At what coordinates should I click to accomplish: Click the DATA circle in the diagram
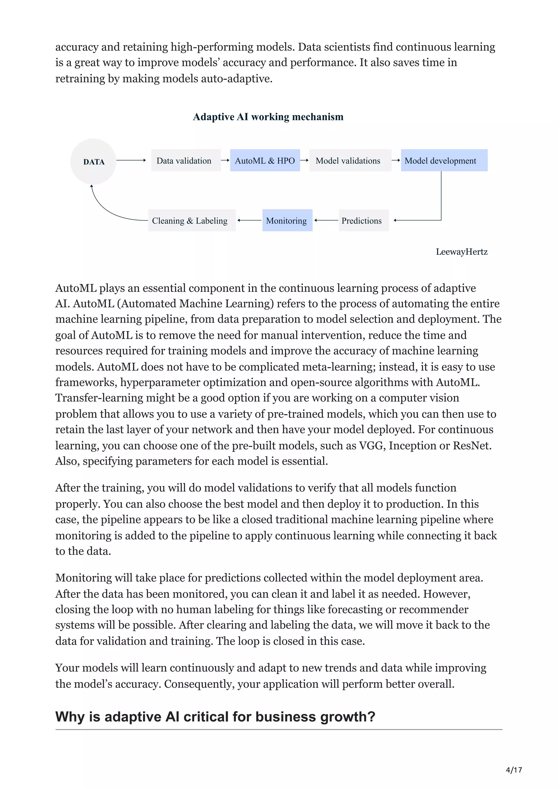point(93,161)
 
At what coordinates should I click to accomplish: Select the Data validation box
point(186,160)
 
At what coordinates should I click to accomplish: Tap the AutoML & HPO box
point(265,160)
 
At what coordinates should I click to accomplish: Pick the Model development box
point(444,160)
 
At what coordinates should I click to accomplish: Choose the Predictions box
point(363,220)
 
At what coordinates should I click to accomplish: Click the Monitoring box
point(287,220)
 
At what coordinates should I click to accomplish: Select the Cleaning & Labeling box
point(192,220)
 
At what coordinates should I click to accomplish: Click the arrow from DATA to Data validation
point(131,160)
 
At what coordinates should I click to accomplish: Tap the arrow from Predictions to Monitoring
point(326,220)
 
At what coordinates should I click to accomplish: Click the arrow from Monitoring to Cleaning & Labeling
point(249,220)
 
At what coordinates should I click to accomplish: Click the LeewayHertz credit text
point(461,252)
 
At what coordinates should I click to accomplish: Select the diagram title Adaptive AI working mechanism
point(268,117)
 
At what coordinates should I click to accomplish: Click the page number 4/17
point(514,770)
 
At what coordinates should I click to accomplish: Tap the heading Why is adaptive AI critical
point(215,717)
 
